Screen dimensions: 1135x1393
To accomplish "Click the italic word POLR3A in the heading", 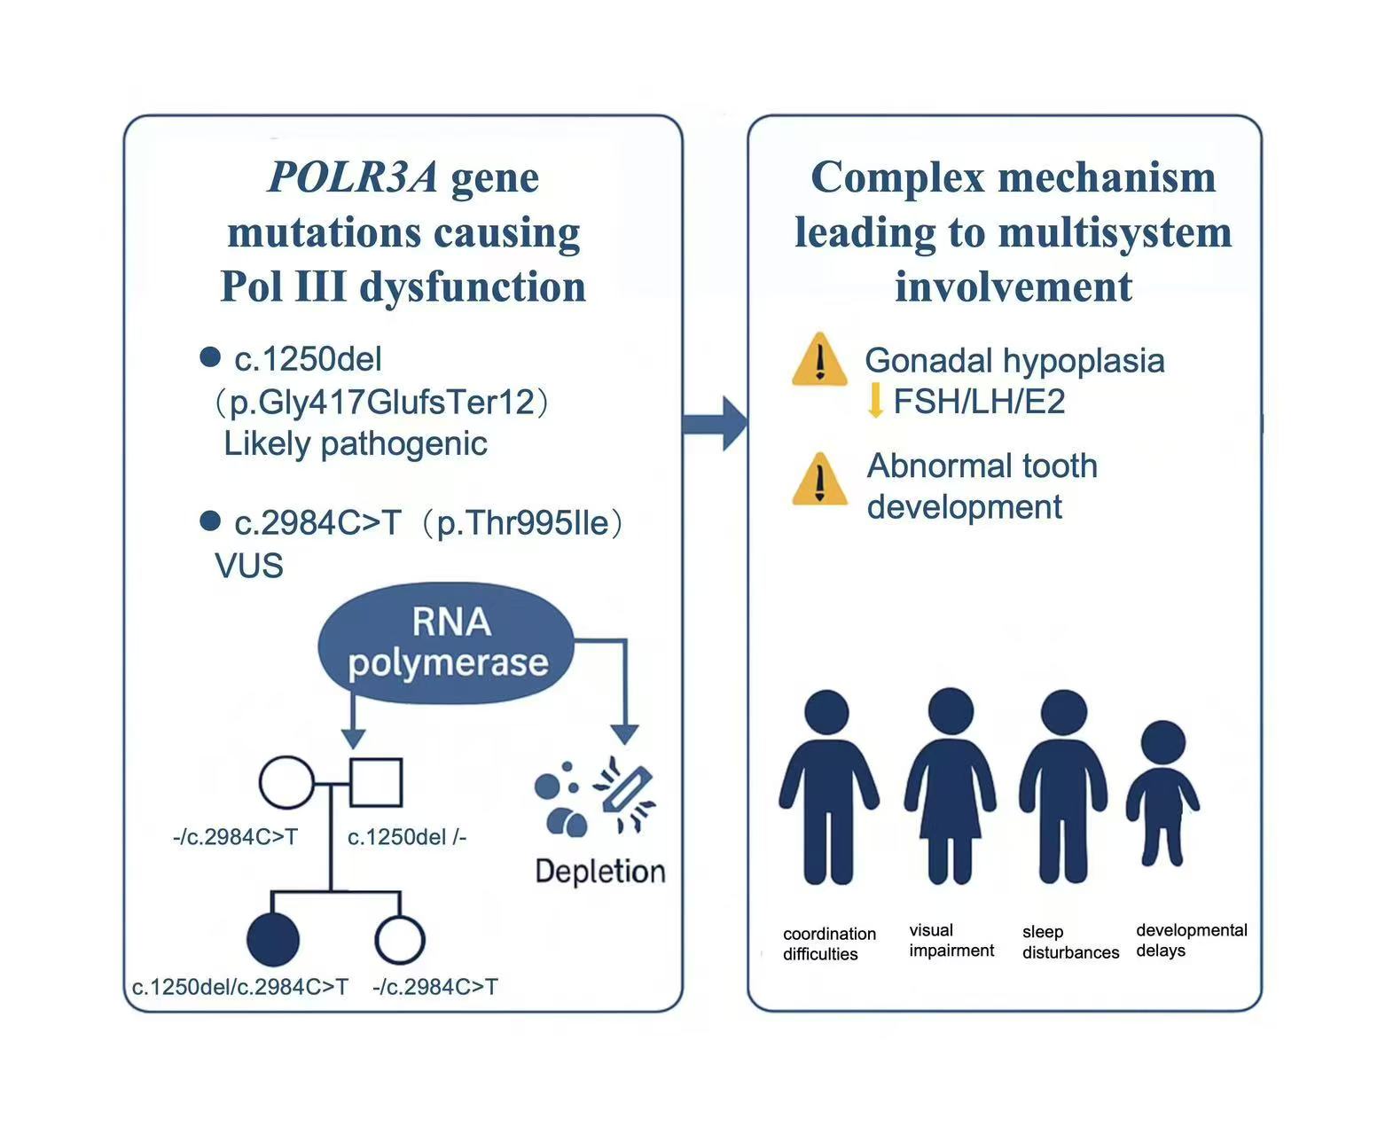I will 353,176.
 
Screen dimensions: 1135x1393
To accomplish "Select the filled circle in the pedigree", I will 273,939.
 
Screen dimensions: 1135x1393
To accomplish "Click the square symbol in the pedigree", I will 376,782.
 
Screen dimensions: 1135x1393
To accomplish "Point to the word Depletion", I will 600,871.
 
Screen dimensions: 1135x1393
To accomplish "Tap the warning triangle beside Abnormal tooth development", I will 819,479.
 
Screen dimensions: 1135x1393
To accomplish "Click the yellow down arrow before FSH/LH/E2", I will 875,401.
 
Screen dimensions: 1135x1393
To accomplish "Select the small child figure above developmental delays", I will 1162,793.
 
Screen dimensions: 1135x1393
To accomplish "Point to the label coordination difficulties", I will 828,943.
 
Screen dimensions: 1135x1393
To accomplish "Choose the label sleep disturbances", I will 1069,942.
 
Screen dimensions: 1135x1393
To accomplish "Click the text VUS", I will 249,566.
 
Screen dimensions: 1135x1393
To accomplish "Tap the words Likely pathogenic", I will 356,443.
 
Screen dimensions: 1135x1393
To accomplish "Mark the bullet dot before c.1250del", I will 210,356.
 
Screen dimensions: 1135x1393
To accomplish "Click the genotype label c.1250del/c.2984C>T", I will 240,986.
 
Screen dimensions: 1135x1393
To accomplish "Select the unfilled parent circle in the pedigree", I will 286,782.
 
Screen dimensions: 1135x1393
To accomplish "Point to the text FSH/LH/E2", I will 979,402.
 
